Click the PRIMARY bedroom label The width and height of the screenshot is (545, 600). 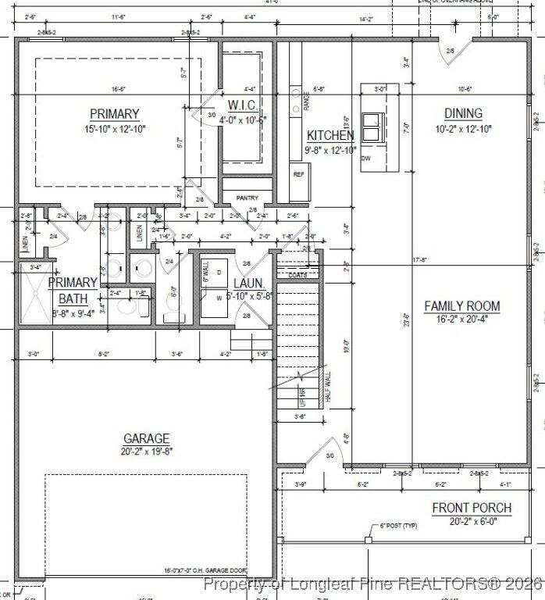coord(114,114)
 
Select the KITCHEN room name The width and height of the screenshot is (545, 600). coord(330,136)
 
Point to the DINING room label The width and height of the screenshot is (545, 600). coord(463,114)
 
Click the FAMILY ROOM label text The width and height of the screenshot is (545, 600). coord(461,306)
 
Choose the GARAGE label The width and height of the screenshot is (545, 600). coord(146,438)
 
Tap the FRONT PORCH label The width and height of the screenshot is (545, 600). coord(472,508)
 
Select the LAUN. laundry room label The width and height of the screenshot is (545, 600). coord(248,284)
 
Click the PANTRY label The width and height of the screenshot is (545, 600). coord(247,198)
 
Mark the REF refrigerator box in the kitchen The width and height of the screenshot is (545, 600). coord(297,174)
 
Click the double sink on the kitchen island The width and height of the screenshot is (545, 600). coord(371,125)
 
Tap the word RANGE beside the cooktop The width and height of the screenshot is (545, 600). coord(307,100)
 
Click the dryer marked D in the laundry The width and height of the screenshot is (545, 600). coord(219,272)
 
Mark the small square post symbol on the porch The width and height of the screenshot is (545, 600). coord(367,540)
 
